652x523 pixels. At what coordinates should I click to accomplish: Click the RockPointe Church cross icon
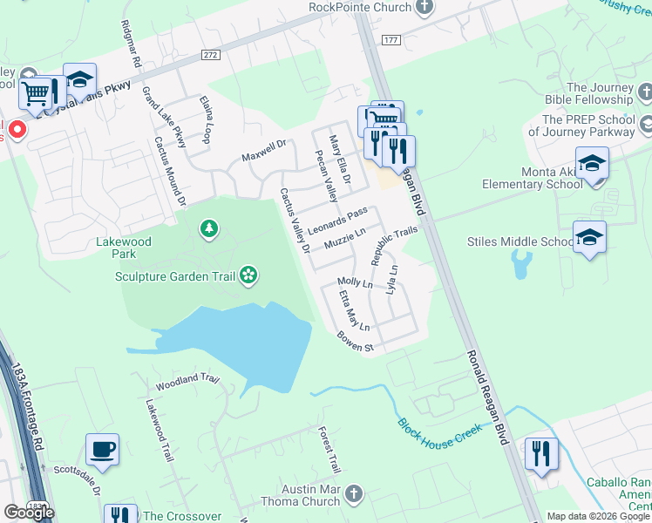[x=424, y=8]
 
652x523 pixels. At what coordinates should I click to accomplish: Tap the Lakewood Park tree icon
[x=208, y=229]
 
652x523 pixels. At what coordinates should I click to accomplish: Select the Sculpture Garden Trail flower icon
[x=248, y=276]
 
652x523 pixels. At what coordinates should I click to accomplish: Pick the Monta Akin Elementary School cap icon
[x=592, y=164]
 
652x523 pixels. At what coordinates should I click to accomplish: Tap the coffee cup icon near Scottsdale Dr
[x=103, y=449]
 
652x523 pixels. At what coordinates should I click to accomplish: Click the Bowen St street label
[x=356, y=343]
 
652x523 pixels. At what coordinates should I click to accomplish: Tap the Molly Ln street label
[x=355, y=284]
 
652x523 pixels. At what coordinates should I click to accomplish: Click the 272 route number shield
[x=210, y=54]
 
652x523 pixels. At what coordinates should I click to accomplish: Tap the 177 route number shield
[x=391, y=40]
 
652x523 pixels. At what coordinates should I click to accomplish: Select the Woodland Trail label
[x=187, y=382]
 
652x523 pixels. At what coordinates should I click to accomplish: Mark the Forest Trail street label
[x=329, y=451]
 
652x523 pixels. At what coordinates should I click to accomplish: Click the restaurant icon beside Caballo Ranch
[x=541, y=453]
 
